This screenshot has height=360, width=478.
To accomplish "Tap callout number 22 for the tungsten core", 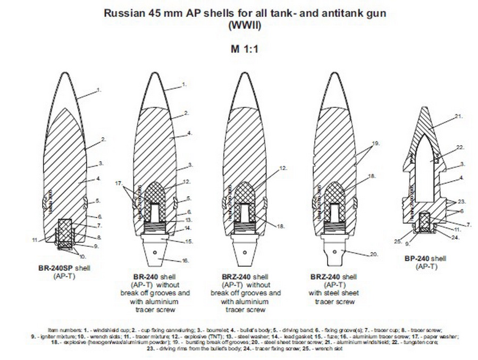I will (460, 147).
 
